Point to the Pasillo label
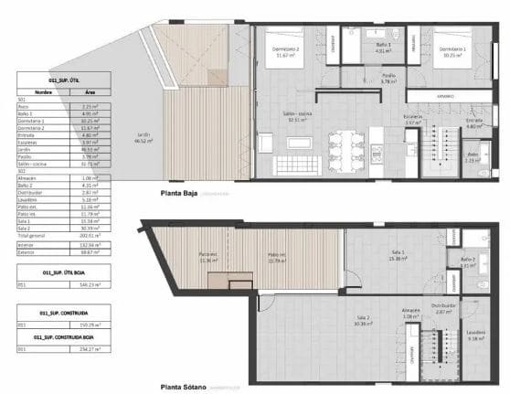coord(388,79)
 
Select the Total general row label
coord(33,235)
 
